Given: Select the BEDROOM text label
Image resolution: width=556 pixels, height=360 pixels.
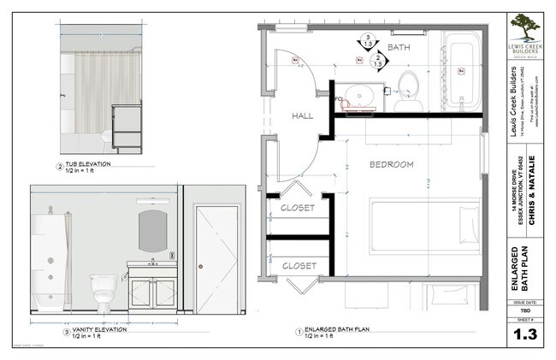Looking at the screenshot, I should [391, 163].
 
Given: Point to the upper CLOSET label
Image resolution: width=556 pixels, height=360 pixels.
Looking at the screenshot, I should [299, 208].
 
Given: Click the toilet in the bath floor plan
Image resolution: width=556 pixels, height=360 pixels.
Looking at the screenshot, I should [408, 86].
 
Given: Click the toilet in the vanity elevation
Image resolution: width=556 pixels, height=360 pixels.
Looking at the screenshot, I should [104, 290].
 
